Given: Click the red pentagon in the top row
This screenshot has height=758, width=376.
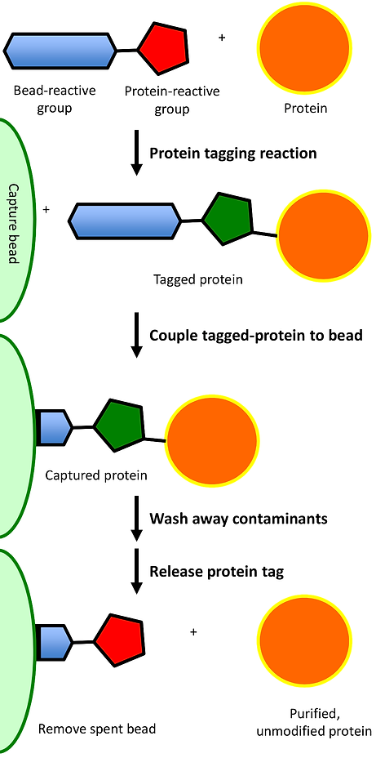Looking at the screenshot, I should [163, 49].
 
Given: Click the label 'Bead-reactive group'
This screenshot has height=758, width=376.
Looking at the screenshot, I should [54, 100].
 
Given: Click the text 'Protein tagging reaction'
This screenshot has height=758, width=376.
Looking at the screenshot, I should [232, 153].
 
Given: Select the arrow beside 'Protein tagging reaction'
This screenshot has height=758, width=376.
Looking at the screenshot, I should [136, 154].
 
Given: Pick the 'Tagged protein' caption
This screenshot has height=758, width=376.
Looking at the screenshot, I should [198, 279].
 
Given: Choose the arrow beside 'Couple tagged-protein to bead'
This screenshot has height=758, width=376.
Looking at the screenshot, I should [136, 336].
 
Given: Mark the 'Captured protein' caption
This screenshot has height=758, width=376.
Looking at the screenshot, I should [96, 475].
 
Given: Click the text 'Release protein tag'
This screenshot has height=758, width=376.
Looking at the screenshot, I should [216, 571].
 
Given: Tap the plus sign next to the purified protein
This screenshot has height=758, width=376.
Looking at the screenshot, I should [193, 631].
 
